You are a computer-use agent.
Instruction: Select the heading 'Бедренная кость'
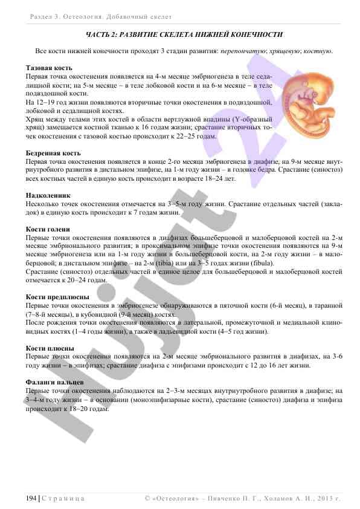point(53,154)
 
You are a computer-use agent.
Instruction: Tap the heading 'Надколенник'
point(48,196)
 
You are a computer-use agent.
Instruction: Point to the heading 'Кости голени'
point(48,230)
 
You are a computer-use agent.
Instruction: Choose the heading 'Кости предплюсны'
point(58,297)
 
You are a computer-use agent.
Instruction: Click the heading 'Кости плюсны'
point(50,348)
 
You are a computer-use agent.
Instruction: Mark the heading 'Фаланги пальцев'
point(55,383)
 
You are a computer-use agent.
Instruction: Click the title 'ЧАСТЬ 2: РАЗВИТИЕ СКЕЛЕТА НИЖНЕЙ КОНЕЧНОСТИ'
point(184,34)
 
